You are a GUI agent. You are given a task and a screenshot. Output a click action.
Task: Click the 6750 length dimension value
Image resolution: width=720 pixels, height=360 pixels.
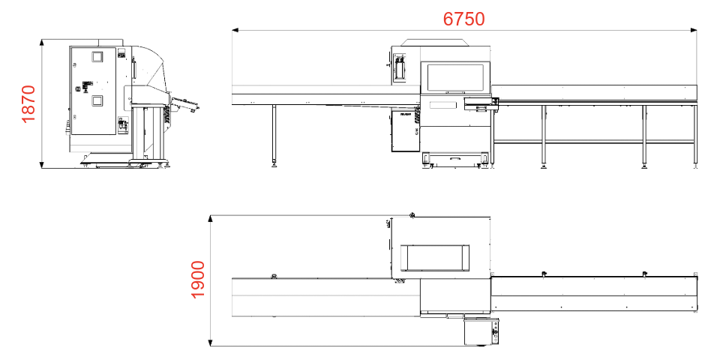(x=463, y=19)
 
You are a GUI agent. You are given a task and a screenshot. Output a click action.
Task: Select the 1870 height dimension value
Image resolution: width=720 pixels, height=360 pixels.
(x=28, y=103)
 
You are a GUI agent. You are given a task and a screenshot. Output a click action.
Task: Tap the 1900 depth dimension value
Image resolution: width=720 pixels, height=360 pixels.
(x=197, y=280)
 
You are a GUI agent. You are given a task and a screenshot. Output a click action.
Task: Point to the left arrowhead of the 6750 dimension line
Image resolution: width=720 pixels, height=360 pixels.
(x=235, y=30)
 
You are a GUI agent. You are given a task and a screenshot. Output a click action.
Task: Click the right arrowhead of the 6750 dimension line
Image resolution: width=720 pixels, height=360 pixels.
(x=694, y=30)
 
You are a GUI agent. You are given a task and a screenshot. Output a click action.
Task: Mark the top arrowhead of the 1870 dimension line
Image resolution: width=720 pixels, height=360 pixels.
(x=42, y=42)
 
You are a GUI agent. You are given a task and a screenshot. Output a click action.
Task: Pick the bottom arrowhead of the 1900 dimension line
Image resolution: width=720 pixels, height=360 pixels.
(x=210, y=343)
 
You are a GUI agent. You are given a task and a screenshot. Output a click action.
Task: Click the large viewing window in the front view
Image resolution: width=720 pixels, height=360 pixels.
(x=455, y=76)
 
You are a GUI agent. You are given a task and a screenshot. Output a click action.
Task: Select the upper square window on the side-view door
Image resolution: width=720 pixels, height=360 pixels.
(x=97, y=57)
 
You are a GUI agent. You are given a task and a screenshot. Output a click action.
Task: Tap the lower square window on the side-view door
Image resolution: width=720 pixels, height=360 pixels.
(x=97, y=100)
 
